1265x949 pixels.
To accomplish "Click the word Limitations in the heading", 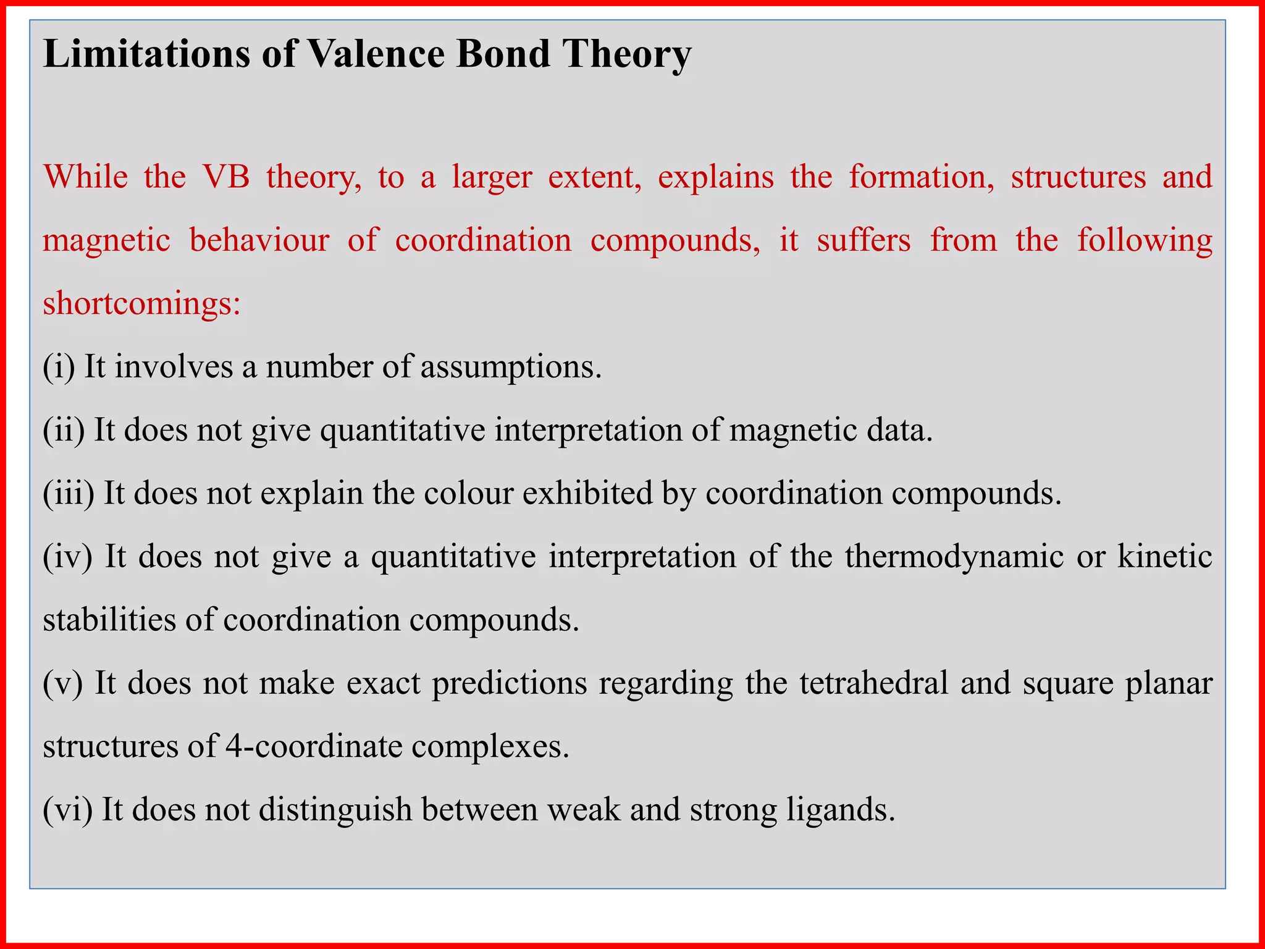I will click(146, 54).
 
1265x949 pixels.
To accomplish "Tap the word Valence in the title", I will click(376, 54).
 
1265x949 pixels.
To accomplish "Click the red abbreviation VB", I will click(226, 177).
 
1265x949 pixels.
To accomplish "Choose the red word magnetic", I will click(106, 240).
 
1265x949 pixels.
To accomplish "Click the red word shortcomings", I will click(141, 304).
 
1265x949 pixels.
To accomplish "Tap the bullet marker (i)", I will click(59, 367).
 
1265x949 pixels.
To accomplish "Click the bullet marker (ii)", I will click(64, 430).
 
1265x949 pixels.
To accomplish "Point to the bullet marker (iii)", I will click(69, 494).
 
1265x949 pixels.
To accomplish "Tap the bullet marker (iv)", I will click(67, 557).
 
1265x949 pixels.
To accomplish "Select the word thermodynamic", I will click(954, 557).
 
